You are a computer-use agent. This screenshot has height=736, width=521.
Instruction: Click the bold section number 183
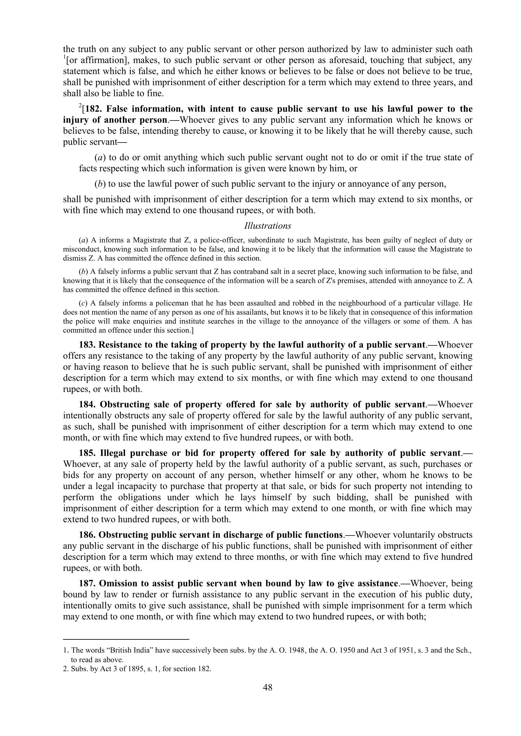click(x=87, y=345)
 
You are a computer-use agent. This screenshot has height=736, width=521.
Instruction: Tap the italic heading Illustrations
click(x=267, y=226)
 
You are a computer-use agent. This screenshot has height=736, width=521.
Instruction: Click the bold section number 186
click(x=87, y=535)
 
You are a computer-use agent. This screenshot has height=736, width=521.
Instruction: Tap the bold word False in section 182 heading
click(x=117, y=109)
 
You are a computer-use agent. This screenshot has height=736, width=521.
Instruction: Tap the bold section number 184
click(x=88, y=405)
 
